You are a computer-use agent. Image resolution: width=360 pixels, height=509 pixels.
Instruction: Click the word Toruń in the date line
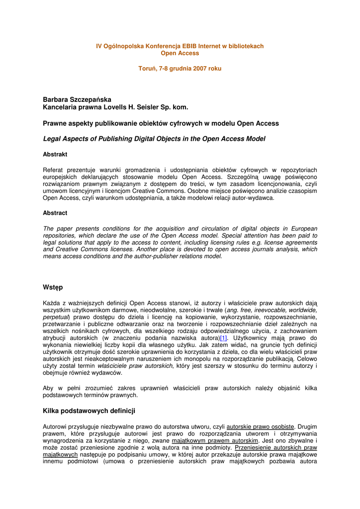[147, 69]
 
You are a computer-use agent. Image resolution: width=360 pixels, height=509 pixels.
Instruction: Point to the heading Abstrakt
[55, 155]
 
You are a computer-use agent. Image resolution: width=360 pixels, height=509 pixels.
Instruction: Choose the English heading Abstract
[55, 213]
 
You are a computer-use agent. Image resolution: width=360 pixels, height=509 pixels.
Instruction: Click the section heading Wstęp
[53, 287]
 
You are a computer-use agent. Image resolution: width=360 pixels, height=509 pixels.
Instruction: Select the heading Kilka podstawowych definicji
[89, 411]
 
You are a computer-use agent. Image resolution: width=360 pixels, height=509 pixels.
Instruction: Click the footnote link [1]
[223, 338]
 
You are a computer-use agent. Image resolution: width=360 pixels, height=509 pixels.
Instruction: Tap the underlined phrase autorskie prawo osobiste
[260, 426]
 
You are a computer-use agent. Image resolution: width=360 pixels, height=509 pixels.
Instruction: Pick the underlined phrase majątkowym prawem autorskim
[215, 440]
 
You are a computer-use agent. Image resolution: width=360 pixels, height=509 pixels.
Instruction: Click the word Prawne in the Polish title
[56, 123]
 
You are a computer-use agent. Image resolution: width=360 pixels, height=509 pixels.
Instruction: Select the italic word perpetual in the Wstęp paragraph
[55, 317]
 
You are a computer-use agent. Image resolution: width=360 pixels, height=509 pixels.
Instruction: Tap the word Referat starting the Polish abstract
[54, 170]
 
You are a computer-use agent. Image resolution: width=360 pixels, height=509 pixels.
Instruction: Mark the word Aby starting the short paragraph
[49, 388]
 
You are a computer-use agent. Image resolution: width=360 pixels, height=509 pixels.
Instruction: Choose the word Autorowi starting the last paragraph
[56, 426]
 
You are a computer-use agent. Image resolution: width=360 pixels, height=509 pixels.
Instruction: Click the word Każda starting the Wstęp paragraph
[53, 303]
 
